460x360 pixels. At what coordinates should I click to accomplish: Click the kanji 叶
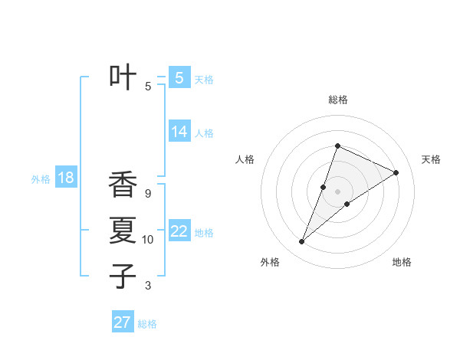(x=123, y=77)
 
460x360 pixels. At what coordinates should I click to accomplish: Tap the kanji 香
(x=123, y=185)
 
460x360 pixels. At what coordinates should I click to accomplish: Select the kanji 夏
(x=123, y=231)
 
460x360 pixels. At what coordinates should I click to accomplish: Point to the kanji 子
(x=123, y=276)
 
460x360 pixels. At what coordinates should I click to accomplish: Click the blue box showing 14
(x=179, y=132)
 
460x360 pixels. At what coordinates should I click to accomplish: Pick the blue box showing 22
(x=179, y=231)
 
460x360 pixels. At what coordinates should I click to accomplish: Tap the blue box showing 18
(x=66, y=178)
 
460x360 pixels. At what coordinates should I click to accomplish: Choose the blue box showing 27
(x=123, y=322)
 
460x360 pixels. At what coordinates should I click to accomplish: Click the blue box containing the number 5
(x=179, y=77)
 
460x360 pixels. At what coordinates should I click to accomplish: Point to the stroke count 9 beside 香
(x=148, y=194)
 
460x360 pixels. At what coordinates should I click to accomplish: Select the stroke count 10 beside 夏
(x=148, y=240)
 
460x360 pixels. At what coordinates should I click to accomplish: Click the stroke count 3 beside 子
(x=148, y=286)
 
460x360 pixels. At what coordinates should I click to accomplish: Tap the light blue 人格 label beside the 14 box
(x=204, y=133)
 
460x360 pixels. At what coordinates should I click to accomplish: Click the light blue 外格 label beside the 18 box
(x=41, y=179)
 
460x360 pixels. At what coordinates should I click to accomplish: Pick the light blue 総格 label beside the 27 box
(x=147, y=324)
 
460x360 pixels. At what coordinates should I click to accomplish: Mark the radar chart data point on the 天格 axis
(x=396, y=172)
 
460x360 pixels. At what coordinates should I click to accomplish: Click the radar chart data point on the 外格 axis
(x=302, y=242)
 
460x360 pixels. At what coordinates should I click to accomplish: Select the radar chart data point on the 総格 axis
(x=337, y=146)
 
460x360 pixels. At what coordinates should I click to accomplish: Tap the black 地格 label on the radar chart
(x=402, y=262)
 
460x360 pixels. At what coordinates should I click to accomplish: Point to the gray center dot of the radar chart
(x=337, y=191)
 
